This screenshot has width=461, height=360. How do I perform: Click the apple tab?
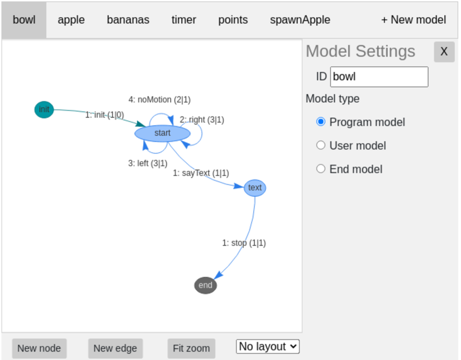click(x=71, y=20)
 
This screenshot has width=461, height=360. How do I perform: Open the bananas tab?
click(x=128, y=20)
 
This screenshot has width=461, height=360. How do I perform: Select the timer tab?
click(x=183, y=20)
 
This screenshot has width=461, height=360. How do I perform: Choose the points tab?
click(x=233, y=20)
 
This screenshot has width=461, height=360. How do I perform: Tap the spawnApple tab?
click(x=300, y=20)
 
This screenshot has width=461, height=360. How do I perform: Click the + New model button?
click(x=413, y=20)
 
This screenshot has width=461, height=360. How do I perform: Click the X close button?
click(x=444, y=52)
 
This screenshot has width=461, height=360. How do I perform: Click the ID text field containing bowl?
click(x=379, y=77)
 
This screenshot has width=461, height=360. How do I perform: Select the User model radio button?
click(x=320, y=146)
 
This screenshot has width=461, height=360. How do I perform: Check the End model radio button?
click(x=320, y=169)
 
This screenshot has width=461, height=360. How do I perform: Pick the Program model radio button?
click(x=320, y=122)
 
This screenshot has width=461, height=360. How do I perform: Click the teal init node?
click(x=44, y=109)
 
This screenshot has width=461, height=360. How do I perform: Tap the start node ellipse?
click(x=162, y=133)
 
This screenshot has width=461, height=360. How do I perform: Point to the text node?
click(x=255, y=188)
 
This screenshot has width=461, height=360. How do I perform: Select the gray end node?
click(x=205, y=285)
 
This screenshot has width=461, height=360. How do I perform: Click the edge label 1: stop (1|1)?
click(x=244, y=243)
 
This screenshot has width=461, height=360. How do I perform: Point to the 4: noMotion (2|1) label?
click(x=159, y=99)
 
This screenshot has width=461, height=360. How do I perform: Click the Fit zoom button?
click(x=191, y=348)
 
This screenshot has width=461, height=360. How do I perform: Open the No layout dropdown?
click(x=268, y=347)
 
